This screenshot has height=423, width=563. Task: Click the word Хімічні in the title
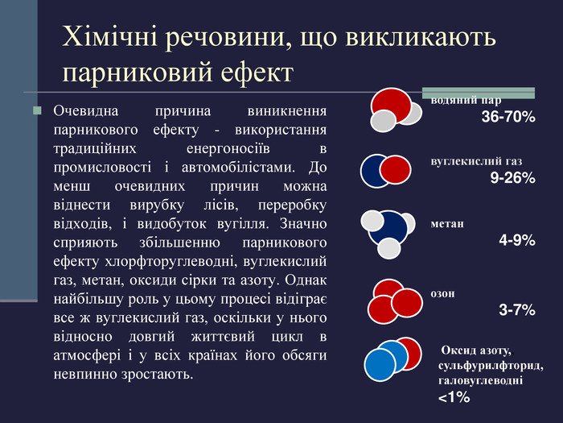[x=109, y=37]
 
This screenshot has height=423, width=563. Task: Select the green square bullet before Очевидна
[x=37, y=110]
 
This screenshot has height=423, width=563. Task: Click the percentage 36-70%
[x=508, y=117]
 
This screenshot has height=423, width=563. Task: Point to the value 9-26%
[x=513, y=178]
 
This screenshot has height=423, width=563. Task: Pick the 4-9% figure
[x=516, y=240]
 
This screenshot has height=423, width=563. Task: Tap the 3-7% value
[x=516, y=309]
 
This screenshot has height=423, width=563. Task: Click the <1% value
[x=454, y=397]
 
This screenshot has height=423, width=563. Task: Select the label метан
[x=447, y=224]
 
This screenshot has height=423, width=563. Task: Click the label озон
[x=443, y=293]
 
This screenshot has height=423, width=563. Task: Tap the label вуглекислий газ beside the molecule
[x=476, y=161]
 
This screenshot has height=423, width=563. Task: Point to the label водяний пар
[x=466, y=101]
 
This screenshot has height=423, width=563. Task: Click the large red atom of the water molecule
[x=391, y=104]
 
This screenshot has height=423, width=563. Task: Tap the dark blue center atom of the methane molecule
[x=388, y=228]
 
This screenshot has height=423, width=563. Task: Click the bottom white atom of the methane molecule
[x=388, y=248]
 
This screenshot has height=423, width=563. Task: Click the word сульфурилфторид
[x=491, y=366]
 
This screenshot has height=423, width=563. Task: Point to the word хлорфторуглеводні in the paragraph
[x=171, y=261]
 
